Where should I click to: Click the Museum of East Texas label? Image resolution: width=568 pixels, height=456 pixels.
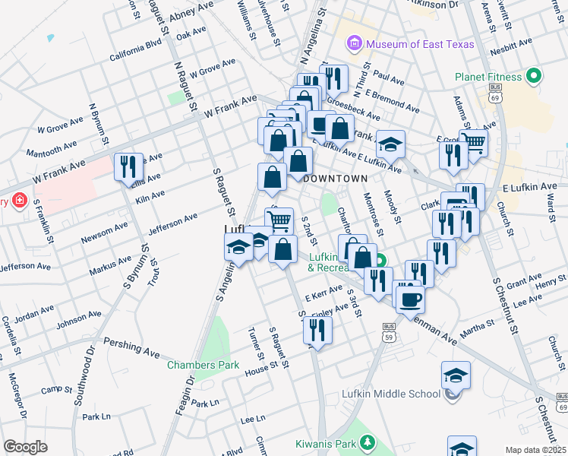pos(420,44)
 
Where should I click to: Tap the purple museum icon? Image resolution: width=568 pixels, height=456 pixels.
pos(355,44)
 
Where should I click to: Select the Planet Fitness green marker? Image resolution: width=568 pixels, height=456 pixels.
pos(534,77)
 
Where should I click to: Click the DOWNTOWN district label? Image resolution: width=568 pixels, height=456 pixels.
pos(335,178)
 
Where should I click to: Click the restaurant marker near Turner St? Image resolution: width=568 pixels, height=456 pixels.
pos(317,330)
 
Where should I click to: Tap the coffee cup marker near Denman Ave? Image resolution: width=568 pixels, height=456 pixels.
pos(410,298)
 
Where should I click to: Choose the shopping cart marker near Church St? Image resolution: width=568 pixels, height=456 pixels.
pos(474,142)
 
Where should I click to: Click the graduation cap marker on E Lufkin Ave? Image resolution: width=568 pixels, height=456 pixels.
pos(390,144)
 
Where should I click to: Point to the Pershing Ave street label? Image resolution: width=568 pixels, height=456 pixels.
pos(131,347)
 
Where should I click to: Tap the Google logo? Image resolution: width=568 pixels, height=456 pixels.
pos(25,447)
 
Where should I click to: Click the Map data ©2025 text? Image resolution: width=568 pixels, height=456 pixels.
pos(535,450)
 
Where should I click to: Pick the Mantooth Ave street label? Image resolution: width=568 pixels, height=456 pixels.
pos(52,143)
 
